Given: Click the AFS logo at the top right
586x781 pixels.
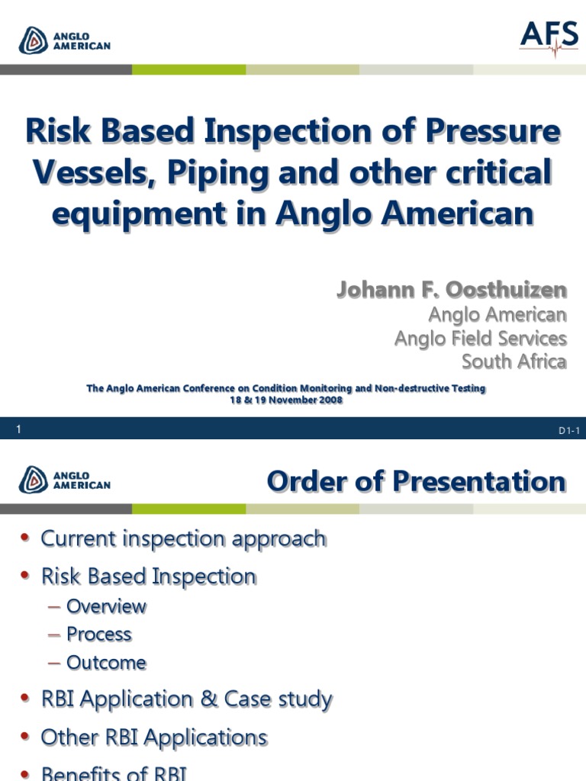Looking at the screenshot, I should pyautogui.click(x=549, y=37).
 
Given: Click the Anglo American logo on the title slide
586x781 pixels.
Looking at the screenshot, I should pyautogui.click(x=66, y=40).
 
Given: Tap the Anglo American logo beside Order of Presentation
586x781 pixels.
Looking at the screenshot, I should pyautogui.click(x=66, y=479).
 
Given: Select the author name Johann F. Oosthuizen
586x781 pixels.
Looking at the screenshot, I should pyautogui.click(x=452, y=290).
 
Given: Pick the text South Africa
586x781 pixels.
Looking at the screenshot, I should pyautogui.click(x=514, y=361).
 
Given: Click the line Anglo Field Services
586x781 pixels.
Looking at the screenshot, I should pyautogui.click(x=480, y=338).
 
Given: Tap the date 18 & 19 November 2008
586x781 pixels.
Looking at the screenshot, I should pyautogui.click(x=286, y=400).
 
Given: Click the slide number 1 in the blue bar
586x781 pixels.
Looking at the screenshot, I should pyautogui.click(x=18, y=429).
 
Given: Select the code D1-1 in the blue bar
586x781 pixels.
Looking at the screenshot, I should pyautogui.click(x=569, y=431).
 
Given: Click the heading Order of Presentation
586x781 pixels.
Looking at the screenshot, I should pyautogui.click(x=416, y=481).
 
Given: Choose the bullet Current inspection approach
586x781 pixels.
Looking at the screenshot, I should pyautogui.click(x=183, y=538).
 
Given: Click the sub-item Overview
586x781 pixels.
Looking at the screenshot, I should pyautogui.click(x=106, y=606).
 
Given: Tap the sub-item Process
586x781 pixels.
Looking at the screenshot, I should pyautogui.click(x=99, y=635).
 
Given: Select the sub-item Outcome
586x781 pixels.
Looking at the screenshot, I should pyautogui.click(x=106, y=663).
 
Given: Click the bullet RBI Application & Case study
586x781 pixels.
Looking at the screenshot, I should pyautogui.click(x=186, y=699).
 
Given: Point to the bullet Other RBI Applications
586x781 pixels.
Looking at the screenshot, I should pyautogui.click(x=154, y=738).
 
